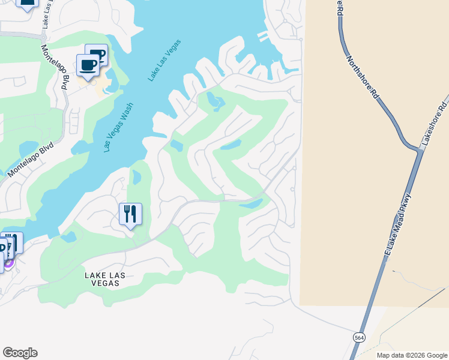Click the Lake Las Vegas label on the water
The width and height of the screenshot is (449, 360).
pyautogui.click(x=164, y=61)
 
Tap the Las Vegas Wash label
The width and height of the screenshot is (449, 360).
pyautogui.click(x=118, y=127)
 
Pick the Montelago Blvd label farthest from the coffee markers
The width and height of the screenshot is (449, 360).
pyautogui.click(x=31, y=159)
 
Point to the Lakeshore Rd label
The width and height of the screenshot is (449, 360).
pyautogui.click(x=435, y=121)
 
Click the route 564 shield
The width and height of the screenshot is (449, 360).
pyautogui.click(x=359, y=337)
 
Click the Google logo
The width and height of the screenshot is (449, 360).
pyautogui.click(x=20, y=353)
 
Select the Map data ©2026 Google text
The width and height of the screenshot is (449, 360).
pyautogui.click(x=411, y=355)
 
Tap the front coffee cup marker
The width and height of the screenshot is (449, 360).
pyautogui.click(x=88, y=65)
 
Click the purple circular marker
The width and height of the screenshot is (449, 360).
pyautogui.click(x=9, y=262)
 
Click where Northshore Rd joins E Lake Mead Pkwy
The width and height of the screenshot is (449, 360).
pyautogui.click(x=418, y=150)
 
